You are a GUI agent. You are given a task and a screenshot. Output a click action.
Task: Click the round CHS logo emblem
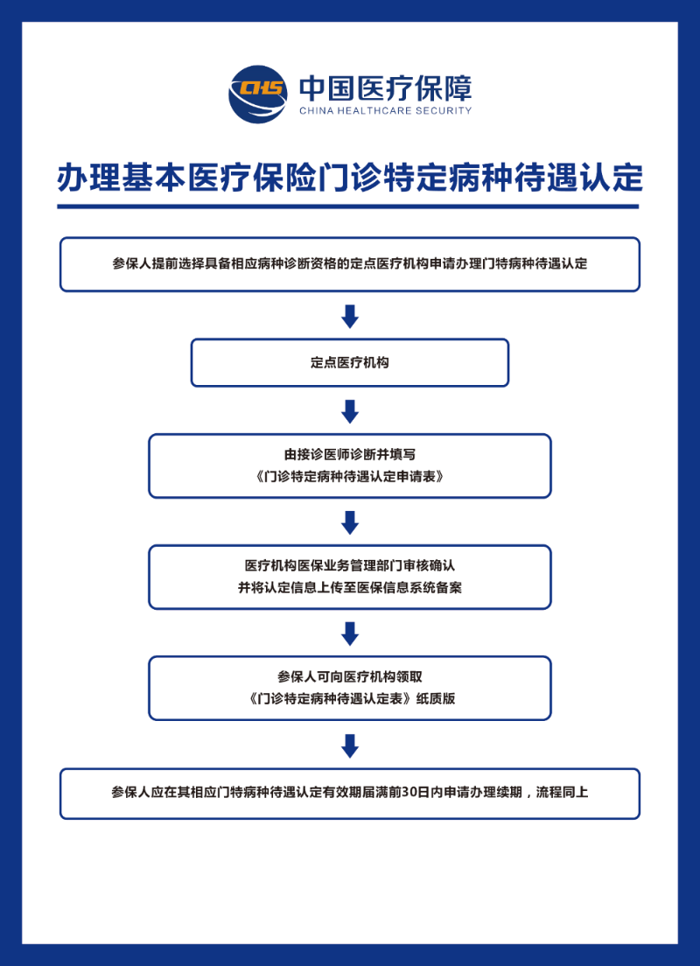258,94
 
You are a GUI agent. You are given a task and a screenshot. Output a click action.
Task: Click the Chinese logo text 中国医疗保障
386,88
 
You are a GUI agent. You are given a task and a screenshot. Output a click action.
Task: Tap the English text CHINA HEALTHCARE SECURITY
386,111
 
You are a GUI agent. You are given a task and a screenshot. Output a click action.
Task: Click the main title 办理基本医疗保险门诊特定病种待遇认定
350,178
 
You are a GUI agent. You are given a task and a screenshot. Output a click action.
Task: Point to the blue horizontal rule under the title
348,206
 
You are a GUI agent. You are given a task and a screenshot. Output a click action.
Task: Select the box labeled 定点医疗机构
350,363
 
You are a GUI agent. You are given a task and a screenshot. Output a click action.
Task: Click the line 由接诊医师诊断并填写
350,455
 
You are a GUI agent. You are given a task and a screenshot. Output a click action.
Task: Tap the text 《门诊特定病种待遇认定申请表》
350,477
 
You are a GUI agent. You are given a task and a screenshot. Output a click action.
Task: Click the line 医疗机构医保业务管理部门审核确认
350,565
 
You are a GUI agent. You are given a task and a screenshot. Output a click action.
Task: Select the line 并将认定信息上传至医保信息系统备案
350,588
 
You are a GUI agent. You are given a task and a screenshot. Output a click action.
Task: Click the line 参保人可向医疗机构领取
350,676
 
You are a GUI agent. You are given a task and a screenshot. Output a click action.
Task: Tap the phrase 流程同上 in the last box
562,792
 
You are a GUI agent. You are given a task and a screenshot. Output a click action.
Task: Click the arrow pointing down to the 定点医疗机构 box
350,316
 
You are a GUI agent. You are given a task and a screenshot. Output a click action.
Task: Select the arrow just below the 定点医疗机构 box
350,411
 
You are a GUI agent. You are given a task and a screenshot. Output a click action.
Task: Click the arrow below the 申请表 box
350,522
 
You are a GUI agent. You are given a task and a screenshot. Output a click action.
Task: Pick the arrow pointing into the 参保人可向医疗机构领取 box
350,633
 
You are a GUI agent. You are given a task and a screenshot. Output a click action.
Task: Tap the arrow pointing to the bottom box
350,745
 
